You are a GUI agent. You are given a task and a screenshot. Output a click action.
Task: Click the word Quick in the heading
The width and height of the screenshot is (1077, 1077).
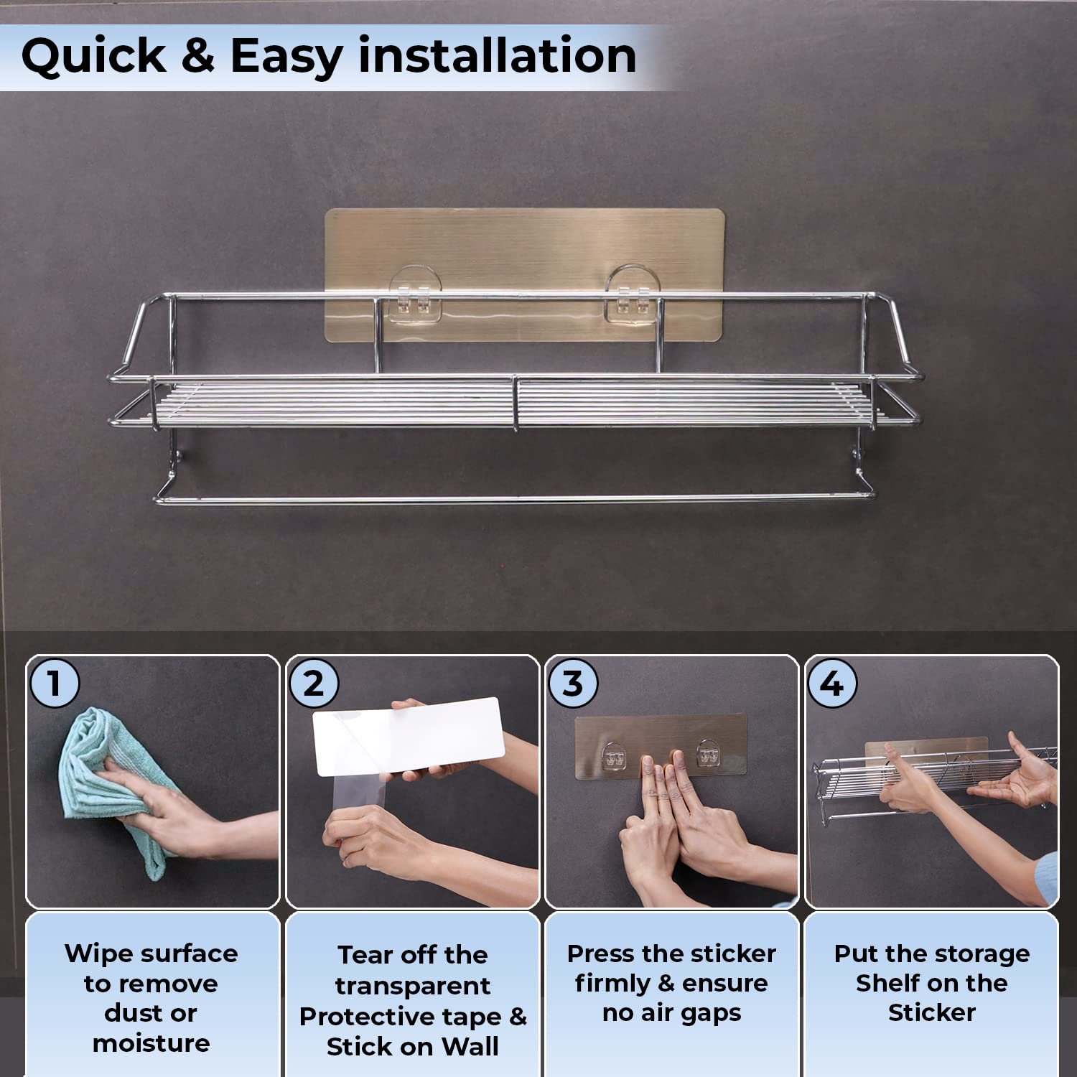pyautogui.click(x=93, y=56)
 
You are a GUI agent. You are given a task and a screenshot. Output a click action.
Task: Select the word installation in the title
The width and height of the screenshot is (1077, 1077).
pyautogui.click(x=497, y=55)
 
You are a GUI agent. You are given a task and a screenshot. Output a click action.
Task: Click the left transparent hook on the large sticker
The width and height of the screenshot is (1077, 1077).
pyautogui.click(x=415, y=293)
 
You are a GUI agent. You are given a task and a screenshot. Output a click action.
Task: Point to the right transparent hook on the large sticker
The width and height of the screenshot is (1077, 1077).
pyautogui.click(x=631, y=293)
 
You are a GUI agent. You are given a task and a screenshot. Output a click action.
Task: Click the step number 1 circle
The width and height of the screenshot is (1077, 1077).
pyautogui.click(x=54, y=683)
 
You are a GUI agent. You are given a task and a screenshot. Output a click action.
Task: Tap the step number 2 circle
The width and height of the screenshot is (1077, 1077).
pyautogui.click(x=314, y=683)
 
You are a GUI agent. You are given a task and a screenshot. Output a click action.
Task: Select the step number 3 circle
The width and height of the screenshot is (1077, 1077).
pyautogui.click(x=573, y=683)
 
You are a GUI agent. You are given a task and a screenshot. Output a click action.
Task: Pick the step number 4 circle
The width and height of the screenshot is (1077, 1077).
pyautogui.click(x=832, y=683)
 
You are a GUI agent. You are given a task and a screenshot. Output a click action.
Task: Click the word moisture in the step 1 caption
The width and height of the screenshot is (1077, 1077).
pyautogui.click(x=151, y=1043)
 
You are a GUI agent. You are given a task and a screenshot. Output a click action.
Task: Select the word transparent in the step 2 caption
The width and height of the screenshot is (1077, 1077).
pyautogui.click(x=413, y=986)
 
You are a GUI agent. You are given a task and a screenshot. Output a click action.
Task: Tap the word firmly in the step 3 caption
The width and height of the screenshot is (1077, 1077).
pyautogui.click(x=612, y=984)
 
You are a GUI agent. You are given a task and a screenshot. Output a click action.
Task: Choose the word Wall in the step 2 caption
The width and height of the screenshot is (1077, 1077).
pyautogui.click(x=470, y=1046)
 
